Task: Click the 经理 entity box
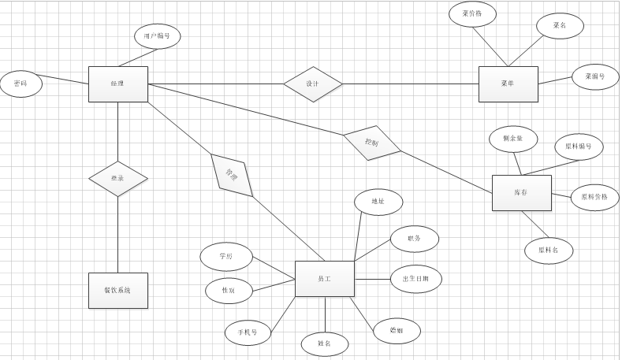coord(117,84)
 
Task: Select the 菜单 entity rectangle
coord(508,84)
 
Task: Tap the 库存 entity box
coord(521,192)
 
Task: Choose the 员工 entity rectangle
coord(324,279)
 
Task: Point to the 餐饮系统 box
coord(117,290)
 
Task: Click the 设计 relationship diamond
coord(312,84)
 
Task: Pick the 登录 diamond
coord(117,179)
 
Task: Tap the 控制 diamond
coord(372,143)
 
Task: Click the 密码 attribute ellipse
coord(20,84)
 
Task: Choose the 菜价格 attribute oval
coord(472,13)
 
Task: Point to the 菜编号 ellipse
coord(594,76)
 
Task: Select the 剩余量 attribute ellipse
coord(512,139)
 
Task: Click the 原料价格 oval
coord(594,197)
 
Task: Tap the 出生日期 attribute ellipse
coord(415,279)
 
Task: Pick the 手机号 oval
coord(248,332)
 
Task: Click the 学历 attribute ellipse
coord(226,257)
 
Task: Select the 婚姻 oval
coord(397,331)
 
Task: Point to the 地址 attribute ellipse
coord(378,202)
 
